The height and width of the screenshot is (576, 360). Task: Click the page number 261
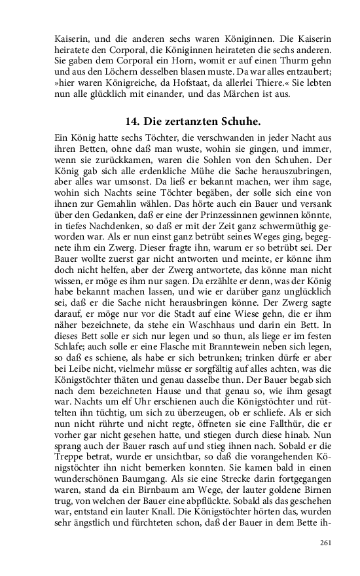point(325,543)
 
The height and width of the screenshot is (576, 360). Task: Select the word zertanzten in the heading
point(193,122)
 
